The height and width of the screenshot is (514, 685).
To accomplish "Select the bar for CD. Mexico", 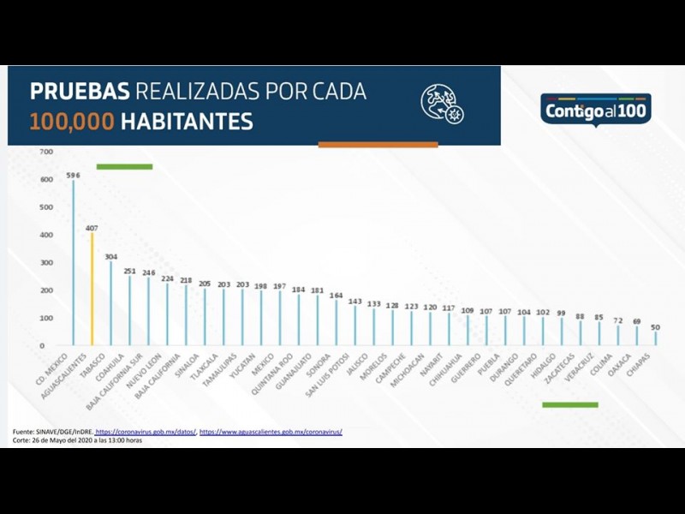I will [x=74, y=262].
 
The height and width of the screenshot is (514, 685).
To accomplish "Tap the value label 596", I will [x=74, y=175].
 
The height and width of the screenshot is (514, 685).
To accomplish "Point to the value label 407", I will [x=92, y=227].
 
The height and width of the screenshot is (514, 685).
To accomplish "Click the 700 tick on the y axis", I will [x=46, y=152].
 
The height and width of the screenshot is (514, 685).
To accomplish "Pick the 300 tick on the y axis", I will [x=46, y=262].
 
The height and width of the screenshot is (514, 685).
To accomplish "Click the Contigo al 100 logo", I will [x=598, y=110].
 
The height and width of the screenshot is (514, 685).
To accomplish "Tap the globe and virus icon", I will [x=442, y=105].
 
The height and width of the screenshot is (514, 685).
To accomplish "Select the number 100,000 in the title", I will [x=72, y=122].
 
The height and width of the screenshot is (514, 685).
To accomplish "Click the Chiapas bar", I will [x=656, y=338].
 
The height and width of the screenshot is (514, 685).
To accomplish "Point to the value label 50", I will [x=656, y=326].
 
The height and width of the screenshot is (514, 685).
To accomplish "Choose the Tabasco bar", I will [x=110, y=303].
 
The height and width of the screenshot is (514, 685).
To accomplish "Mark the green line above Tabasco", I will [x=124, y=166].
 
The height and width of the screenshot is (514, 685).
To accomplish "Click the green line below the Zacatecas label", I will [x=570, y=404].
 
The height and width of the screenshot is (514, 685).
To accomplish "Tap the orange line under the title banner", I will [x=378, y=145].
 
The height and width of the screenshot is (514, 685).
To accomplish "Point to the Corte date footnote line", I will [x=77, y=440].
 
